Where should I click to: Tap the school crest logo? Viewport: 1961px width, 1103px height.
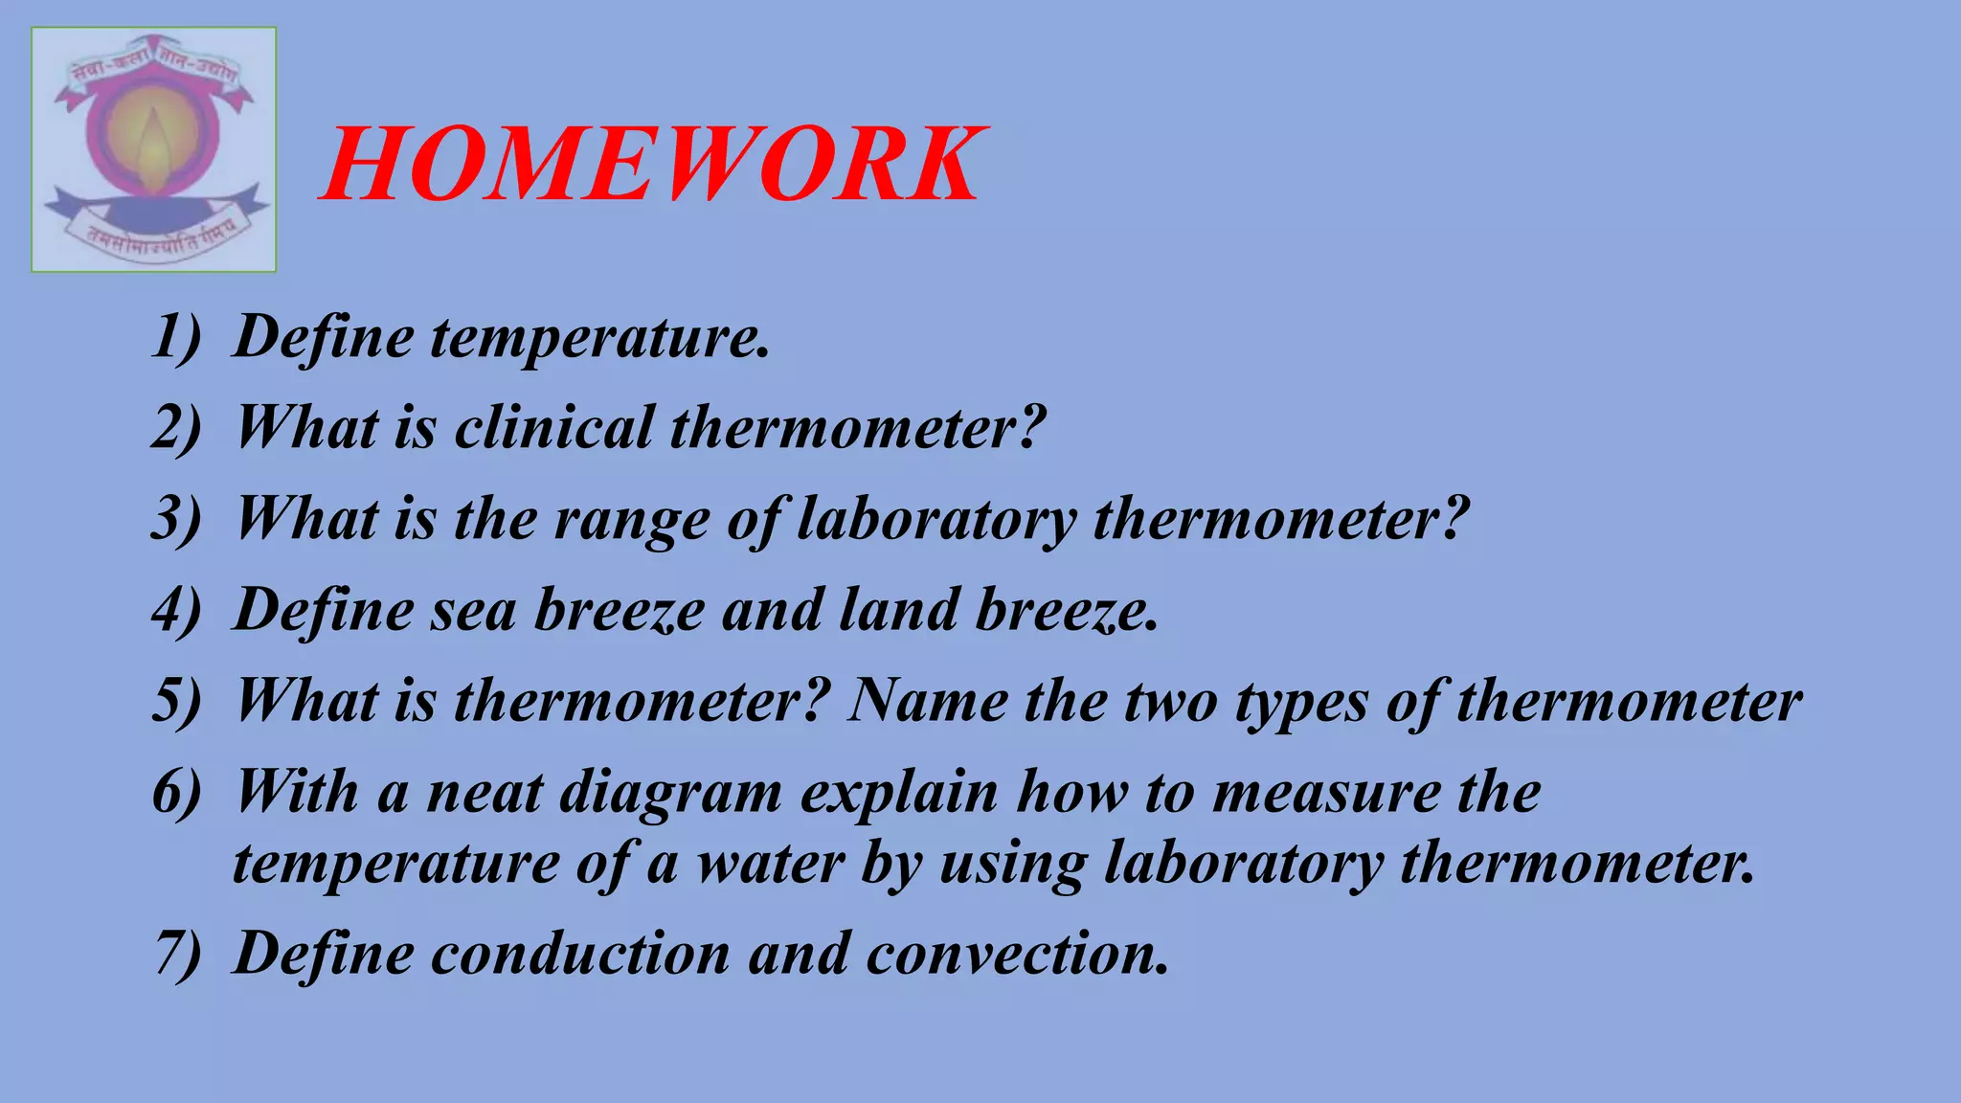[153, 149]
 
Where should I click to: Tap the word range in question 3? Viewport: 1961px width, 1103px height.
[631, 520]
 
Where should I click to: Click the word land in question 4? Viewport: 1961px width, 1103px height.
[898, 610]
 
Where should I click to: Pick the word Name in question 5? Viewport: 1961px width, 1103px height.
[927, 700]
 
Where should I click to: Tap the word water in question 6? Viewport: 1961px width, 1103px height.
[770, 863]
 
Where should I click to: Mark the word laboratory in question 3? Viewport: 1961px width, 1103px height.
[936, 520]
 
